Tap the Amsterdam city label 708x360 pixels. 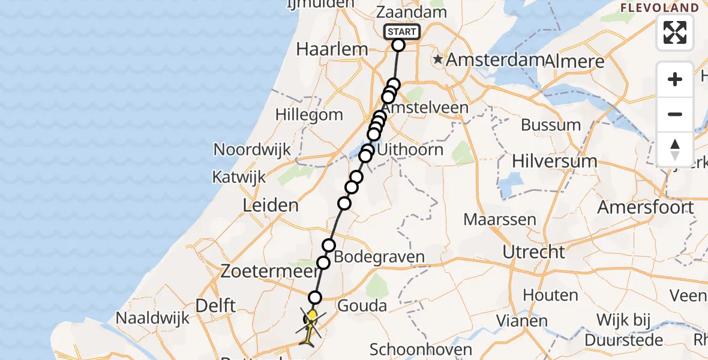495,60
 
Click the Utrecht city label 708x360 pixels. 534,252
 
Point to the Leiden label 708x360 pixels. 270,206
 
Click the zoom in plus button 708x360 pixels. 675,79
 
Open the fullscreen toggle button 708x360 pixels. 675,32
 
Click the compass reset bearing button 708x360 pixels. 675,149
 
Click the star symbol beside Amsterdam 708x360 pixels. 439,59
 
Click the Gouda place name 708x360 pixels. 362,305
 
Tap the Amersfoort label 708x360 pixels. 646,208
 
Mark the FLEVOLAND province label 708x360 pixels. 659,8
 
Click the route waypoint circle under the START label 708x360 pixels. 398,45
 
